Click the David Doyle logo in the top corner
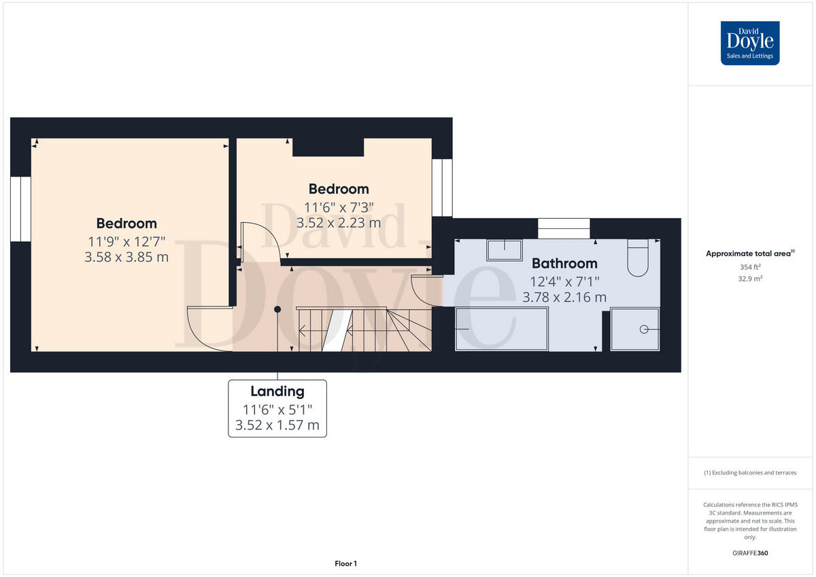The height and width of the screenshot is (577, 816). coord(750,43)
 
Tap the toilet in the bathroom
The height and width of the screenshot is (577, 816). coord(638,258)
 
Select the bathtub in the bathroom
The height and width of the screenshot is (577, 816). coord(502,329)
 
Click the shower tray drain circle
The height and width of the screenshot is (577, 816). coord(643,329)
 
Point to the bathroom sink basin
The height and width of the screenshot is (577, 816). coord(504,250)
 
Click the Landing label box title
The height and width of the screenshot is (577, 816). coord(277,391)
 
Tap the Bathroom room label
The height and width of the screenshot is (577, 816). coord(564,263)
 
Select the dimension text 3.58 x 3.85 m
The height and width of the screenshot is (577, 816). coord(127,257)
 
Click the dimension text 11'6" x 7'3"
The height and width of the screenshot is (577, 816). coord(338,207)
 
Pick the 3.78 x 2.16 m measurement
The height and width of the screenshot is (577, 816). coord(564,297)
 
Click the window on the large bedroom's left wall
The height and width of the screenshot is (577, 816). coord(21,209)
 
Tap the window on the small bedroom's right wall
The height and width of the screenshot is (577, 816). coord(442,188)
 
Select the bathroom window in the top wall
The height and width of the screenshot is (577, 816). coord(564,228)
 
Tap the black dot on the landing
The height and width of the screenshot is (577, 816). coord(277,309)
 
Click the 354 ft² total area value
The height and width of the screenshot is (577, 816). coord(750,266)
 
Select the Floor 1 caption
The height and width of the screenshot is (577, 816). coord(345,563)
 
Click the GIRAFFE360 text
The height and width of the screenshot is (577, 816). coord(751,553)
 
